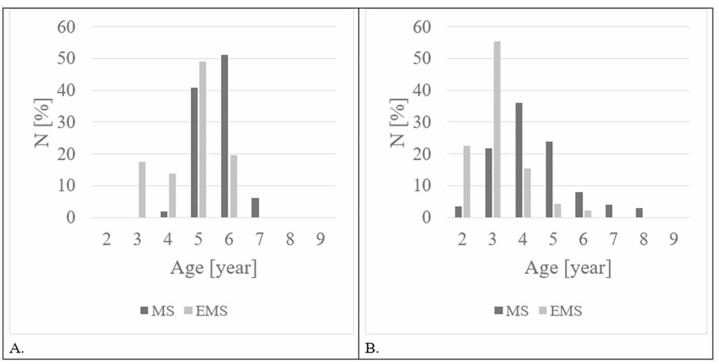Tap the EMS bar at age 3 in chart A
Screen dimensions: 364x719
click(142, 190)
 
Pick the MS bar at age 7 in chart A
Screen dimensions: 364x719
click(255, 208)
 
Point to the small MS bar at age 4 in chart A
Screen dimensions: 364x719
click(164, 214)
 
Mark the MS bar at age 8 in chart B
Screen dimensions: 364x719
click(639, 213)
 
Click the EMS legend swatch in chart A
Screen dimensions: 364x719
click(188, 311)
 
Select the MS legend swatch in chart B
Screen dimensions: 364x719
click(499, 311)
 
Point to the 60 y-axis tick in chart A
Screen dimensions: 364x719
click(66, 27)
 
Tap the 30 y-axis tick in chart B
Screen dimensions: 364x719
click(422, 122)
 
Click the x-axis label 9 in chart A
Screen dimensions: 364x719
click(320, 239)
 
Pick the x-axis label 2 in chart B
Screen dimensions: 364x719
click(462, 239)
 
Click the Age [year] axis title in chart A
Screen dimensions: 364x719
click(213, 267)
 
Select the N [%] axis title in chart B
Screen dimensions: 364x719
click(398, 123)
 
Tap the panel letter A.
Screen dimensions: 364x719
click(17, 348)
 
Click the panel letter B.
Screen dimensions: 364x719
click(372, 348)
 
